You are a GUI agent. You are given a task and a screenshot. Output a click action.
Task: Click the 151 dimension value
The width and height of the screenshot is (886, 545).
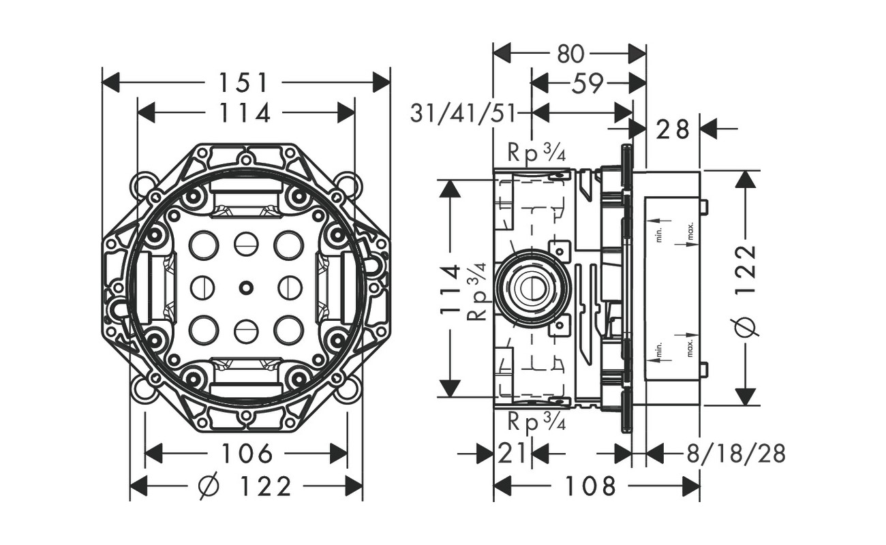coord(243,82)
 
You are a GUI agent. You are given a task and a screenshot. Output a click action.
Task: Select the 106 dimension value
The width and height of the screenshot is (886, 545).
coord(247,453)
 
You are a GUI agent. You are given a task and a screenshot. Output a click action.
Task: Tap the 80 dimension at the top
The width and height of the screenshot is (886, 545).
coord(570,53)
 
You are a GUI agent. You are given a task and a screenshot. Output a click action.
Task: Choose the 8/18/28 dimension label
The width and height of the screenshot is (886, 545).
coord(736,453)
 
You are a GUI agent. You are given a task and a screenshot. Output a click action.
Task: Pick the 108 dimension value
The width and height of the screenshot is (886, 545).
coord(590,486)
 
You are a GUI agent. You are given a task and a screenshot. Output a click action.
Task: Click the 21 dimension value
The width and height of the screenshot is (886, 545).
coord(511,453)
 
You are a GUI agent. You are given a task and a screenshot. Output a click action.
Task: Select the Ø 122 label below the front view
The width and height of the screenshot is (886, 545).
coord(245,486)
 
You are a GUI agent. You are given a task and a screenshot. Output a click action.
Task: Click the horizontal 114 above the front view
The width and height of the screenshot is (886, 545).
coord(245,113)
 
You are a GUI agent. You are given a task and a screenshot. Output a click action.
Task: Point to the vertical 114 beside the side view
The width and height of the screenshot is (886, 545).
coord(450,289)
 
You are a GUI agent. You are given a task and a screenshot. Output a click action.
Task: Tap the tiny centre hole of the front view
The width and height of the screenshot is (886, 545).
coord(245,288)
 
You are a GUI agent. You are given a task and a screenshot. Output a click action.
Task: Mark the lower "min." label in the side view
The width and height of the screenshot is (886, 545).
coord(659,349)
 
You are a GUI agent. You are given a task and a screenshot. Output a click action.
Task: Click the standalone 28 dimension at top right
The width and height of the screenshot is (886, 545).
coord(673,128)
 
